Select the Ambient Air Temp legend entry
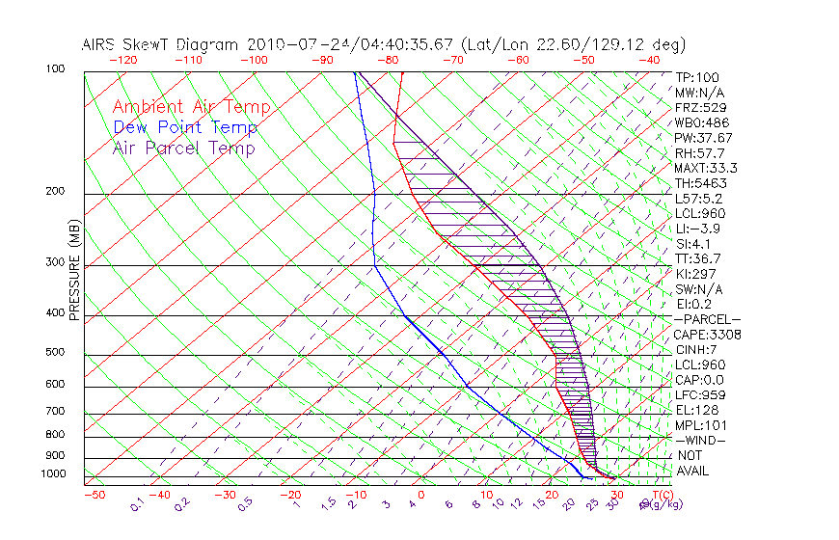(x=192, y=107)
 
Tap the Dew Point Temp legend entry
(x=185, y=127)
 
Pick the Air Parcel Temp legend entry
(x=184, y=148)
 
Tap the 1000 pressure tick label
(x=56, y=473)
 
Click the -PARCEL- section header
(x=707, y=319)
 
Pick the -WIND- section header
(x=701, y=440)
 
